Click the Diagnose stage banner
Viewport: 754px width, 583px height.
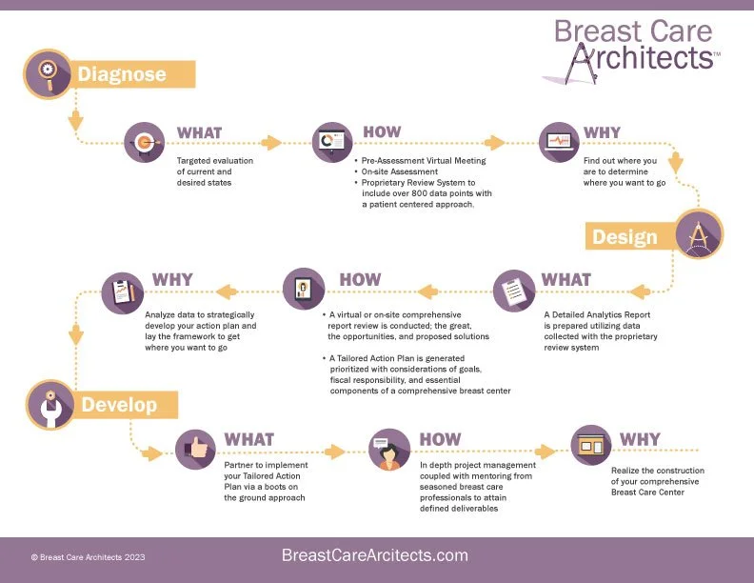click(133, 74)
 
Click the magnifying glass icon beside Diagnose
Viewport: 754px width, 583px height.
click(47, 72)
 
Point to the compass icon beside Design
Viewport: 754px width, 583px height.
click(699, 234)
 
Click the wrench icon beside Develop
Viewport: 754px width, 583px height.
click(48, 404)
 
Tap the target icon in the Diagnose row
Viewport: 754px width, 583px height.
click(146, 142)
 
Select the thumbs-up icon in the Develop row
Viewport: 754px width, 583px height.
click(196, 450)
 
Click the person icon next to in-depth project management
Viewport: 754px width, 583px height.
click(387, 450)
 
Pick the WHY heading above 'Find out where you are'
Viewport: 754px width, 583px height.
click(602, 132)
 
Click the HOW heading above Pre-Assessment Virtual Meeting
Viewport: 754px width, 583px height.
click(382, 131)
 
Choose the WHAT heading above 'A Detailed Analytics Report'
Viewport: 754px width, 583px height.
click(565, 279)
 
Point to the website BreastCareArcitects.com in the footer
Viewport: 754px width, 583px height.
click(375, 554)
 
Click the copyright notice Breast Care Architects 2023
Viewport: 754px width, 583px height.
click(89, 556)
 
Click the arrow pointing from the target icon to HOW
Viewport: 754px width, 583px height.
click(270, 143)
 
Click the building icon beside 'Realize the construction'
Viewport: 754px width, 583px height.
click(590, 444)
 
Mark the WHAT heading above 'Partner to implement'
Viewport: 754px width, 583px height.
click(248, 439)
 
